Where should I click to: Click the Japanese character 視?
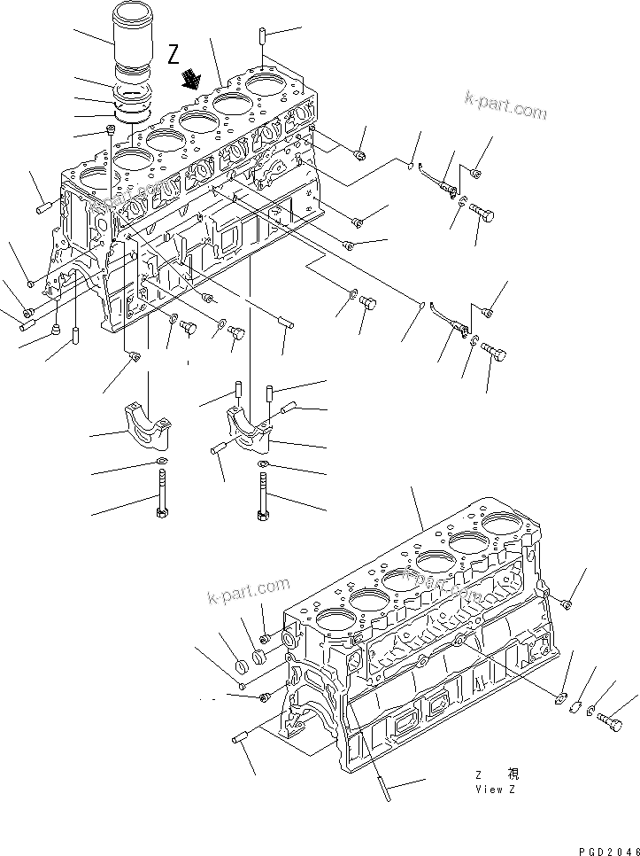[x=513, y=774]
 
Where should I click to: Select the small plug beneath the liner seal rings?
[x=111, y=131]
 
